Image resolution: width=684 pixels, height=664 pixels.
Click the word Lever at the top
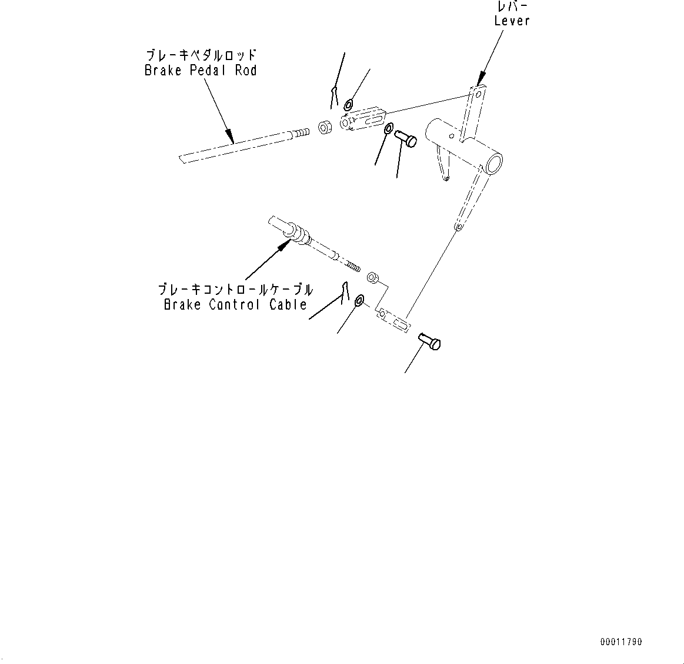[512, 21]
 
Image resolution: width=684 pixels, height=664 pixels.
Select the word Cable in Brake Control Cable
[288, 305]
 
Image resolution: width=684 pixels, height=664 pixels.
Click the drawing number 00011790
[621, 642]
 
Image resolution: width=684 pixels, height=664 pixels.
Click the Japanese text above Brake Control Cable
[235, 290]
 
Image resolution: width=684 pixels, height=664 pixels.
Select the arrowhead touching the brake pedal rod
[231, 138]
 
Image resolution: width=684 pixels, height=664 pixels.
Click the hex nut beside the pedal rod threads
[323, 127]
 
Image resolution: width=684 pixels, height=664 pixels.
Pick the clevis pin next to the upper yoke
[405, 139]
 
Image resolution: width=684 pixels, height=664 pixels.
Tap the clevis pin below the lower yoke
[430, 342]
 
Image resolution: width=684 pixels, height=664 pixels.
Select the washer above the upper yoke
[348, 105]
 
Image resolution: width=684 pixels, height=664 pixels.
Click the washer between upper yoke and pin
[389, 129]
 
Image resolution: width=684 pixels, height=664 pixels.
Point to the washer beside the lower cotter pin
[359, 301]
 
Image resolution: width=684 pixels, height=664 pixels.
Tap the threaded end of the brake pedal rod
[301, 132]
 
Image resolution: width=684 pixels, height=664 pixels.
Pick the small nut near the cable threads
[372, 277]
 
